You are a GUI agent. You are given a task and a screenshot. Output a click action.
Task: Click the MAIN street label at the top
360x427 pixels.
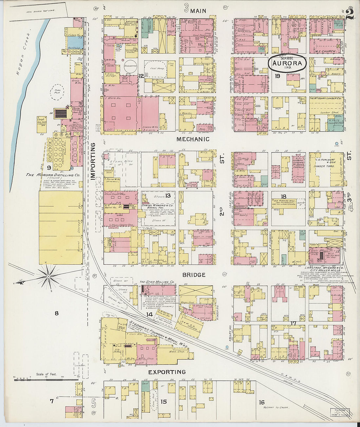[x=198, y=10]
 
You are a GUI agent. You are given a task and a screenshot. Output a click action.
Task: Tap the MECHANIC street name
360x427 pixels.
[x=193, y=139]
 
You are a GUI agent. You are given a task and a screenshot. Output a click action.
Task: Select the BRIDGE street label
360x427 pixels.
[x=194, y=275]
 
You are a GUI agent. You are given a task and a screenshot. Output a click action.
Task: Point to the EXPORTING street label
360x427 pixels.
[x=167, y=372]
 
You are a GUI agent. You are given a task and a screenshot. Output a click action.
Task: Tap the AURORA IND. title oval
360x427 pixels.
[x=287, y=63]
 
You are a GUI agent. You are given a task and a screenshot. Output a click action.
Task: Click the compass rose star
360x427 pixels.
[x=48, y=276]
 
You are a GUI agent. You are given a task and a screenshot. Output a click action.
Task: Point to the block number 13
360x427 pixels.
[x=168, y=196]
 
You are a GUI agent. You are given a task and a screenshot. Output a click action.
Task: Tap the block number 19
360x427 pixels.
[x=278, y=76]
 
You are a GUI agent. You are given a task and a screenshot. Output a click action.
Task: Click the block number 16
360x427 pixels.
[x=261, y=402]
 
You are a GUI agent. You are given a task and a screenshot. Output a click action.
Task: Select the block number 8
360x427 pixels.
[x=57, y=313]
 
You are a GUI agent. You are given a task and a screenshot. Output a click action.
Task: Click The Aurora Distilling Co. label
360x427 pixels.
[x=53, y=175]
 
